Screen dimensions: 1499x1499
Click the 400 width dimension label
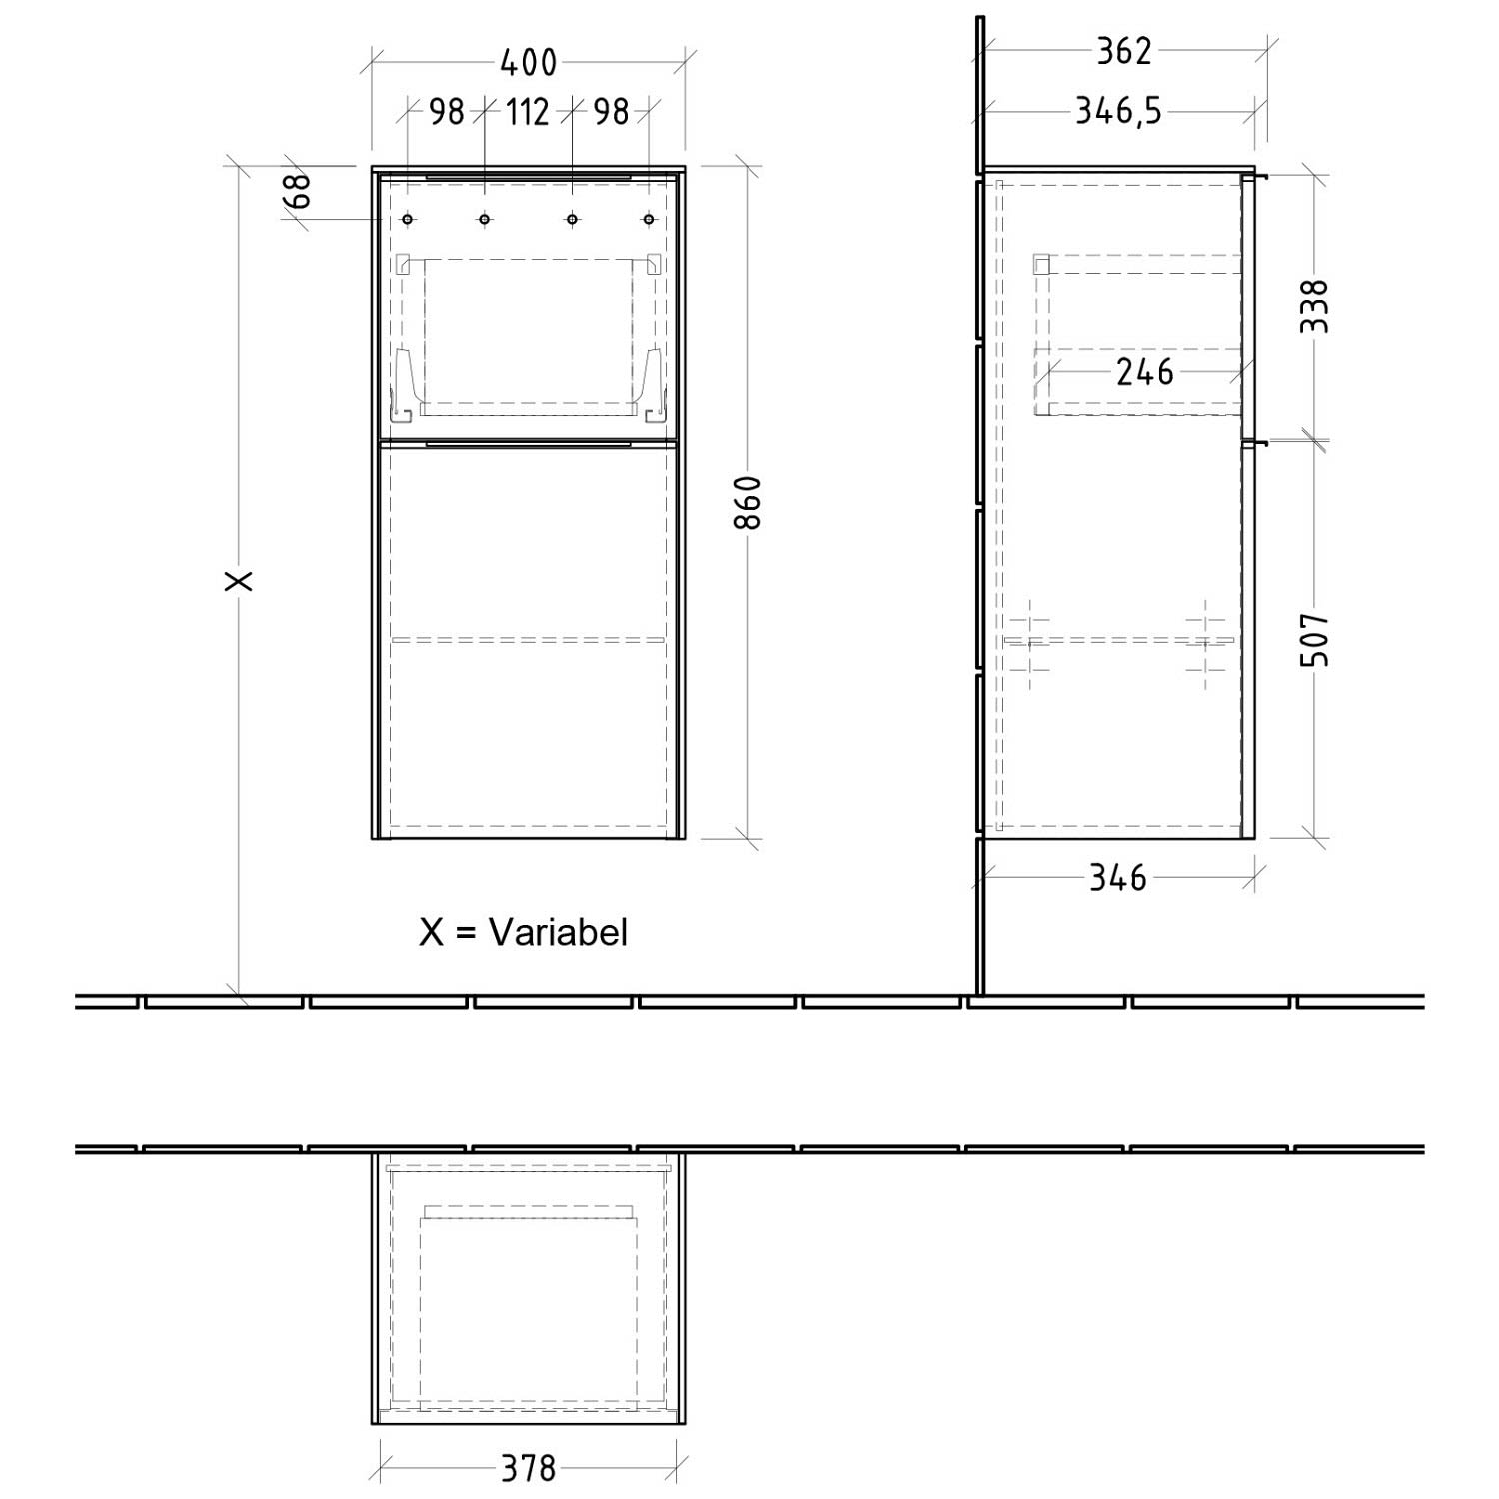(x=528, y=62)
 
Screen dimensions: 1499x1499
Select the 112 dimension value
(x=527, y=111)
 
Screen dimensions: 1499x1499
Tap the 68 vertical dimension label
(x=298, y=190)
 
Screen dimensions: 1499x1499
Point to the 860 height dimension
(x=749, y=502)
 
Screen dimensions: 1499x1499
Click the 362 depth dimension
(x=1124, y=51)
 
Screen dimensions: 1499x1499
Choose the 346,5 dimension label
(x=1118, y=110)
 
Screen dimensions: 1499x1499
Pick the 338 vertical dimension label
(x=1316, y=307)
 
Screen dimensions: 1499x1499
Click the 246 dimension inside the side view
(x=1144, y=372)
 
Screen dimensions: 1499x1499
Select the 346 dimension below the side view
(x=1117, y=878)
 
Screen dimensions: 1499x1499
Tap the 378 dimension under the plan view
(x=528, y=1468)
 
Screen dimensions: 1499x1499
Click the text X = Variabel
(x=524, y=932)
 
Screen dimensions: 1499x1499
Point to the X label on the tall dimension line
(x=240, y=580)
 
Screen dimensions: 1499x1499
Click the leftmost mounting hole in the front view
(x=407, y=219)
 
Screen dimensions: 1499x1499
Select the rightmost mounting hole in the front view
(x=649, y=219)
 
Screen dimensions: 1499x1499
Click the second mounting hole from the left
(x=484, y=219)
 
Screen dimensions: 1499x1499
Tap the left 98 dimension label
(x=447, y=111)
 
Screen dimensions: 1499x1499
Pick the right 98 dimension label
(x=611, y=111)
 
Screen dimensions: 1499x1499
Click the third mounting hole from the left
(x=572, y=219)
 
